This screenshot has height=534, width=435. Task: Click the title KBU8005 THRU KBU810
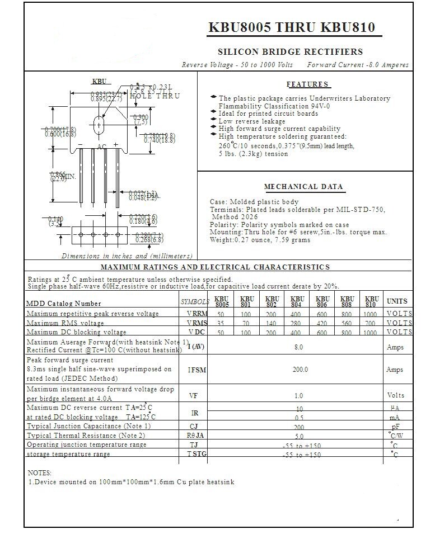click(292, 28)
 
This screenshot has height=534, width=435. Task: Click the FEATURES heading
click(308, 84)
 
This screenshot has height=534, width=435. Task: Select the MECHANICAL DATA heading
click(303, 187)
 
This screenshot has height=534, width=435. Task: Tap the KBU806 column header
click(322, 301)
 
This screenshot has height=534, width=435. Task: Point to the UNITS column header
click(397, 301)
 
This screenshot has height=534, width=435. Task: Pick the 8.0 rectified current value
click(299, 347)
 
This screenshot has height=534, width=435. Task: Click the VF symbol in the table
click(194, 395)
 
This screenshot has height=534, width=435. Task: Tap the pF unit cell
click(395, 427)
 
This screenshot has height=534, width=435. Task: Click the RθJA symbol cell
click(195, 436)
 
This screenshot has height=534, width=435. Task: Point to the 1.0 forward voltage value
click(299, 395)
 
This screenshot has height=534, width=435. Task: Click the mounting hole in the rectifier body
click(99, 124)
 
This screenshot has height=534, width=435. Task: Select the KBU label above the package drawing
click(99, 82)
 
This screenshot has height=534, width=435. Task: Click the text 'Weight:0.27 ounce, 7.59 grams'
click(260, 240)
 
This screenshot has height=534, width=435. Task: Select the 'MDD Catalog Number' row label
click(64, 304)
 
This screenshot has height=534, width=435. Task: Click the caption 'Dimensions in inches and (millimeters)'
click(127, 256)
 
